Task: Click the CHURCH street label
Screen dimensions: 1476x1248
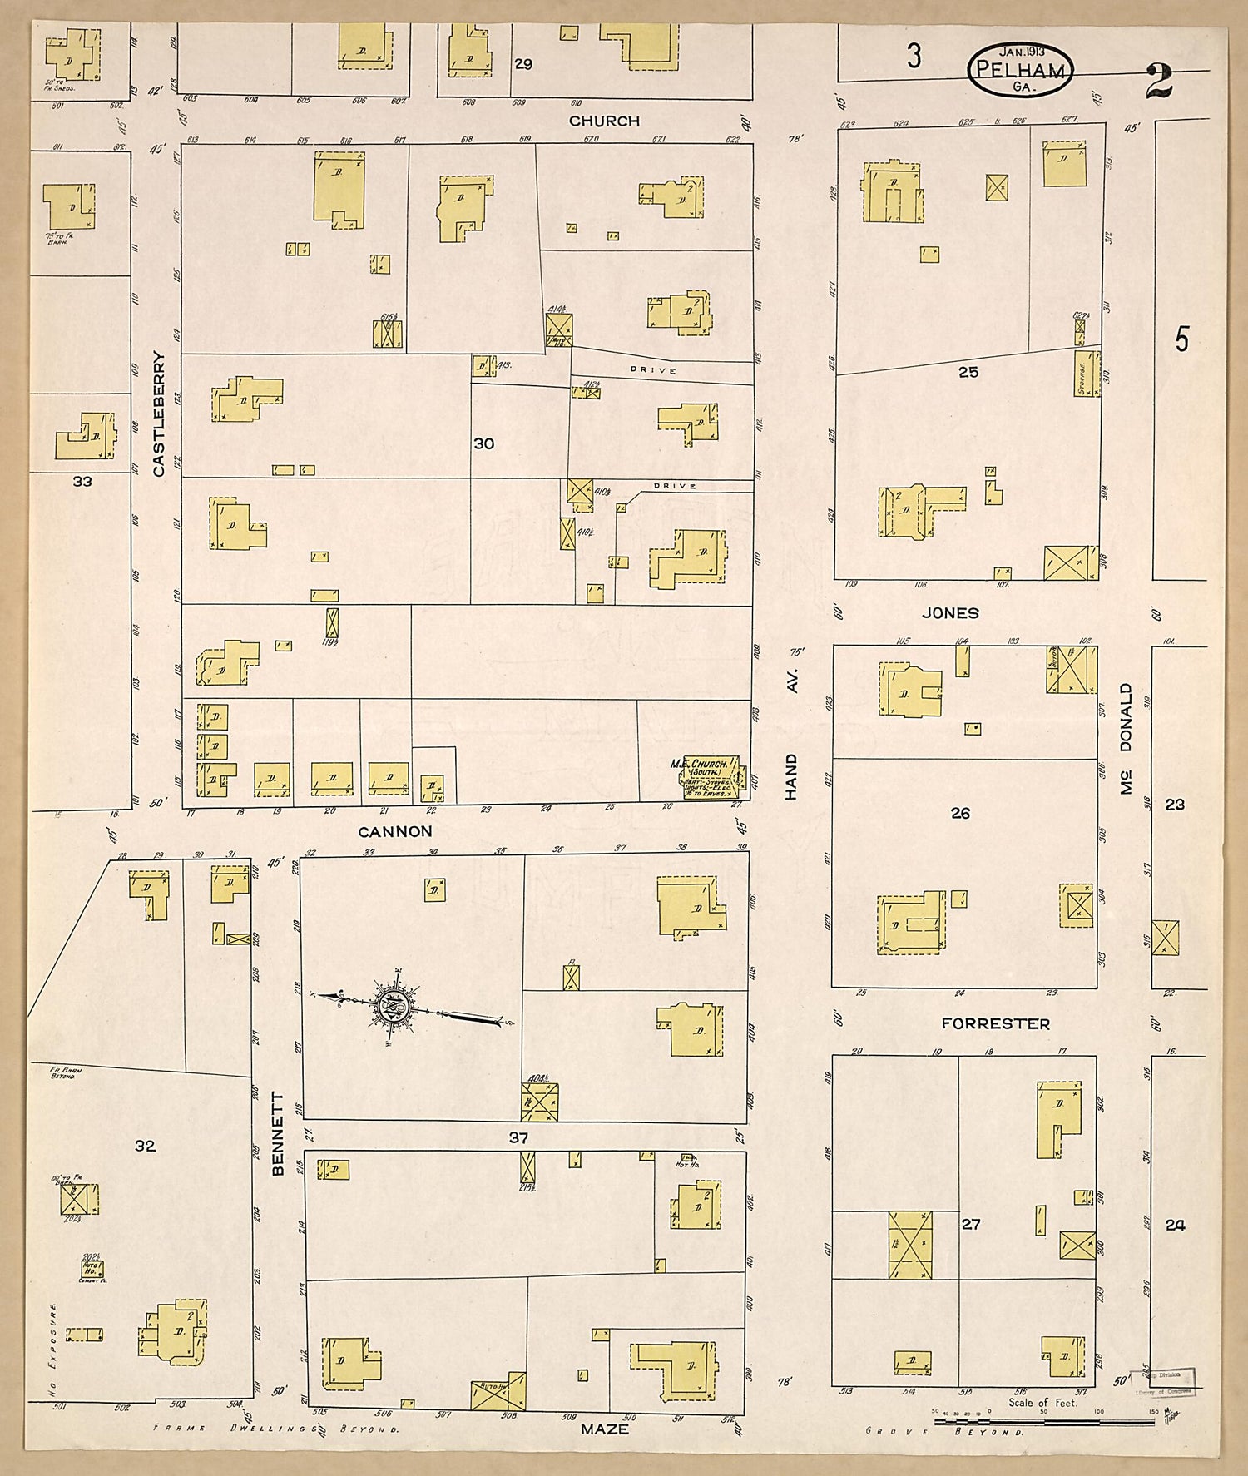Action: [604, 121]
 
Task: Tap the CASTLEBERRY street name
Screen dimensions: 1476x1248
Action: [159, 414]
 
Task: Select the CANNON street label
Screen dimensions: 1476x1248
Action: [395, 831]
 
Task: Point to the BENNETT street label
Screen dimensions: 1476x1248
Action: [279, 1134]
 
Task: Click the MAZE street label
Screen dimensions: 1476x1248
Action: [605, 1429]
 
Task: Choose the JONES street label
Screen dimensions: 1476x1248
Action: [950, 613]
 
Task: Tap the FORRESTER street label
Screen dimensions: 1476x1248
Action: [995, 1023]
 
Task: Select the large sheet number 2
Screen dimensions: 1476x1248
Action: [1159, 81]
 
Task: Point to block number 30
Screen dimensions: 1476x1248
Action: [484, 444]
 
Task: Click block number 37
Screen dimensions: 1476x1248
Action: [518, 1137]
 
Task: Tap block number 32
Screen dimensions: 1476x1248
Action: [146, 1146]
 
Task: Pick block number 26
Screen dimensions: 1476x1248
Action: [960, 813]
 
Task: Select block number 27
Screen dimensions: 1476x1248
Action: [971, 1224]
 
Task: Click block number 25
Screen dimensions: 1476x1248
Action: [968, 372]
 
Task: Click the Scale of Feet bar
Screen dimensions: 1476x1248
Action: [1043, 1422]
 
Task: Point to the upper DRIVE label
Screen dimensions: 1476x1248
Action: [653, 370]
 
